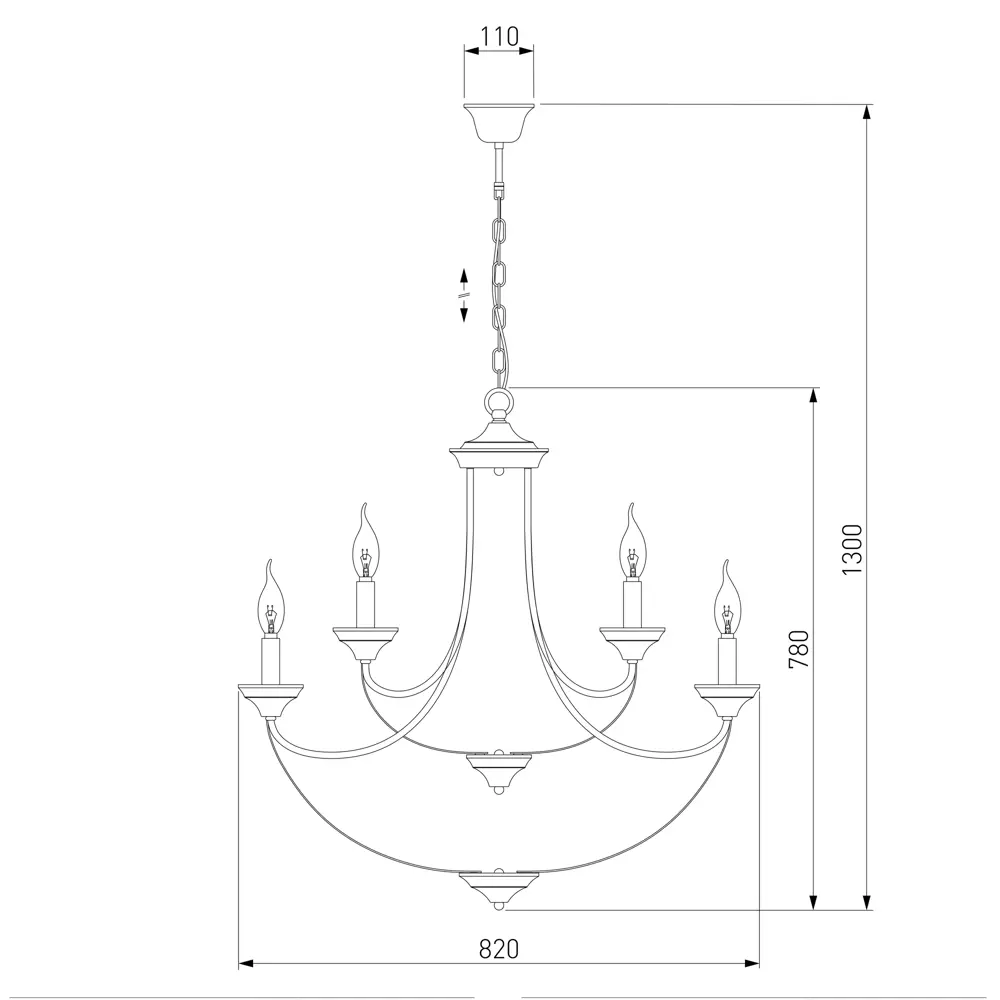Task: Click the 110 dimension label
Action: [x=499, y=36]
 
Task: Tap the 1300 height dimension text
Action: [x=852, y=549]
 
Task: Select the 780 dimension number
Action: [x=798, y=649]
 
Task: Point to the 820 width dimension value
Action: [x=499, y=949]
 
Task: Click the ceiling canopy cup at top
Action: [x=499, y=122]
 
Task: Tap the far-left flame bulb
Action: [x=271, y=598]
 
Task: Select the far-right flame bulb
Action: [x=726, y=598]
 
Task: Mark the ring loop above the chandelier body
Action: [x=499, y=403]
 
